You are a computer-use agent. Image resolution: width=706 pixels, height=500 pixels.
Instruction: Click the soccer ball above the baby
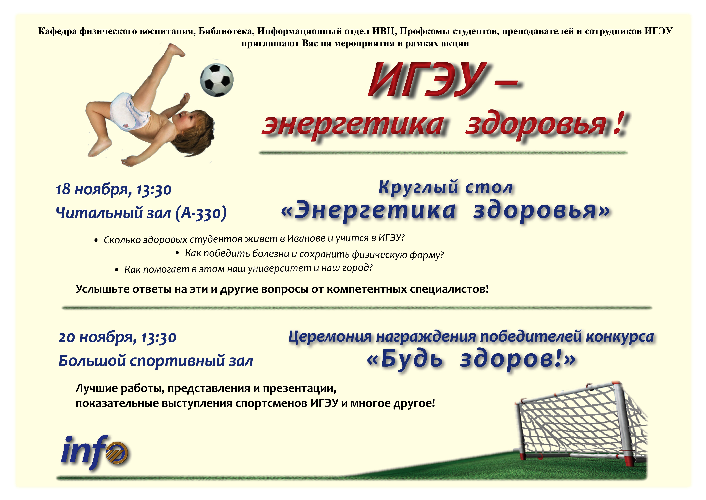[217, 80]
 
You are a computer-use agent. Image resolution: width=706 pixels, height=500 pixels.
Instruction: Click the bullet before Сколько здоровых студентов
[96, 240]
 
